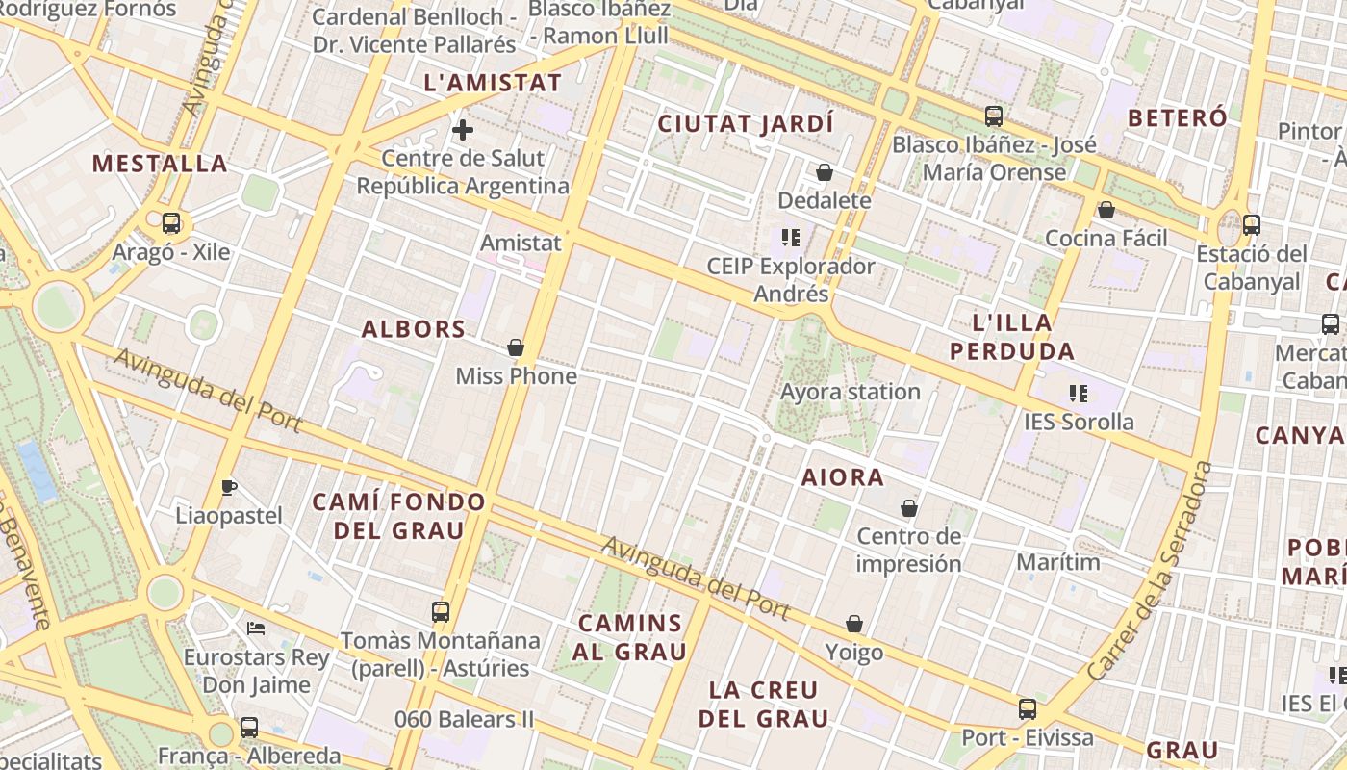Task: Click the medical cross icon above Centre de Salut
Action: (463, 130)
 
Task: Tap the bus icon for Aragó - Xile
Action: (171, 223)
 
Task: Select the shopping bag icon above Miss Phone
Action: (516, 346)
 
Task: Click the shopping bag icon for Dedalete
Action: (825, 172)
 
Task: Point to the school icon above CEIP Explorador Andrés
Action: (791, 237)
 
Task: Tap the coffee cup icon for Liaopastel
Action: (228, 487)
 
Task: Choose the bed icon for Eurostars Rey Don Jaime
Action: (256, 629)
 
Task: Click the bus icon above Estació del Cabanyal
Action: (1252, 225)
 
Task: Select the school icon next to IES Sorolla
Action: (1079, 393)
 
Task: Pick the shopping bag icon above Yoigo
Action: (854, 624)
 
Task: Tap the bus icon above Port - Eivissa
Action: (1028, 709)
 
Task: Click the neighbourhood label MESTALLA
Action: (160, 164)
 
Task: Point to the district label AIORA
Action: (843, 477)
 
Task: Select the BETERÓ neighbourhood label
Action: (1178, 118)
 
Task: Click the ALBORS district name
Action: (414, 329)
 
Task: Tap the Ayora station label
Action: (851, 392)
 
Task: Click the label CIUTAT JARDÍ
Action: (746, 124)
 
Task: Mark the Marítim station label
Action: (1058, 561)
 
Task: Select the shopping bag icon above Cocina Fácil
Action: (1106, 209)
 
